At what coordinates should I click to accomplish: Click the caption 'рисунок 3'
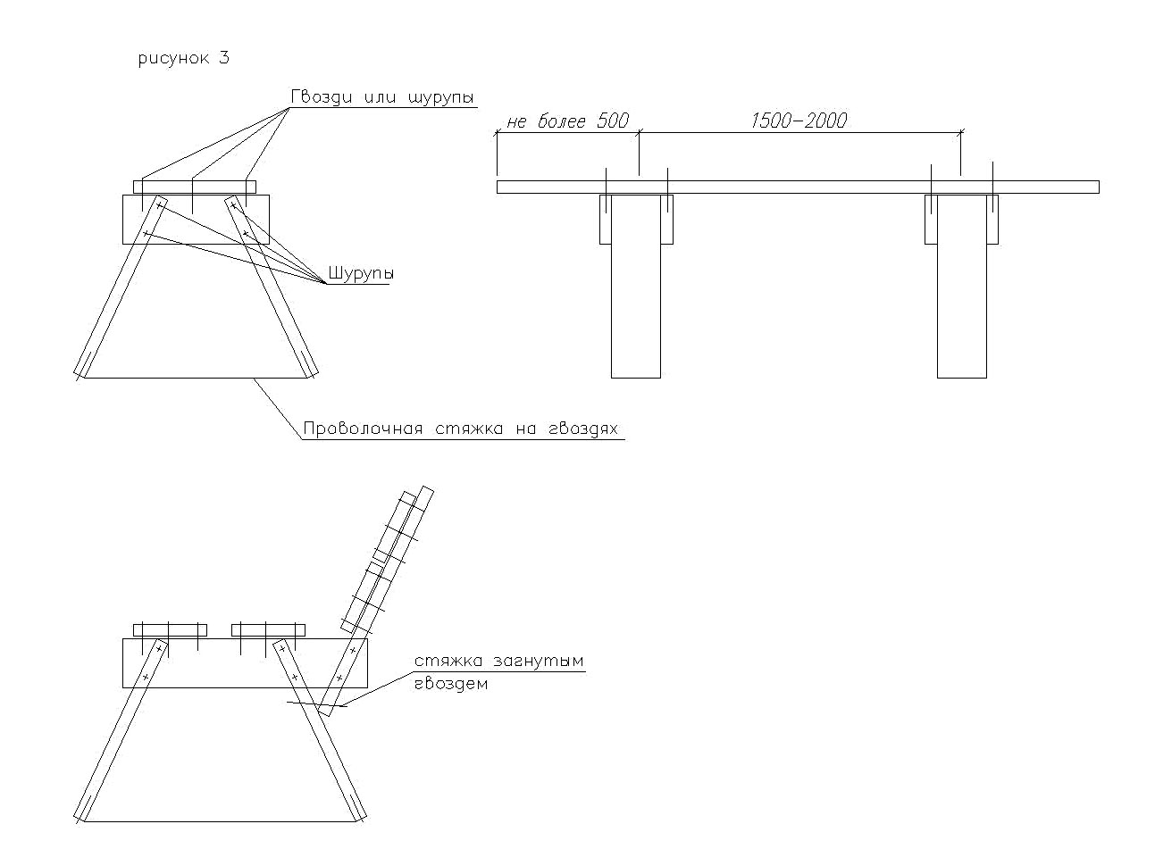pos(184,59)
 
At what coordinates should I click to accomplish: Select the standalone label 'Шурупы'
pos(361,273)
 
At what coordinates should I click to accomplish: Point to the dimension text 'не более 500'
pos(567,121)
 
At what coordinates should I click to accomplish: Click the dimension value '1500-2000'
pos(799,121)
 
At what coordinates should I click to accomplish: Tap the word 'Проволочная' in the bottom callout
pos(362,429)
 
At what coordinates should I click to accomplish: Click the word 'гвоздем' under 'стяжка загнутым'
pos(451,684)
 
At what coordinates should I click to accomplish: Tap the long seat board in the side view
pos(797,187)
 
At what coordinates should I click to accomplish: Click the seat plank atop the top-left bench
pos(195,187)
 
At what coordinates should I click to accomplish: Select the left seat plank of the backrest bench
pos(170,629)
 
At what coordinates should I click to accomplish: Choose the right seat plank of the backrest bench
pos(268,629)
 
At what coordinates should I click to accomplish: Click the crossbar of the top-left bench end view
pos(195,220)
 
